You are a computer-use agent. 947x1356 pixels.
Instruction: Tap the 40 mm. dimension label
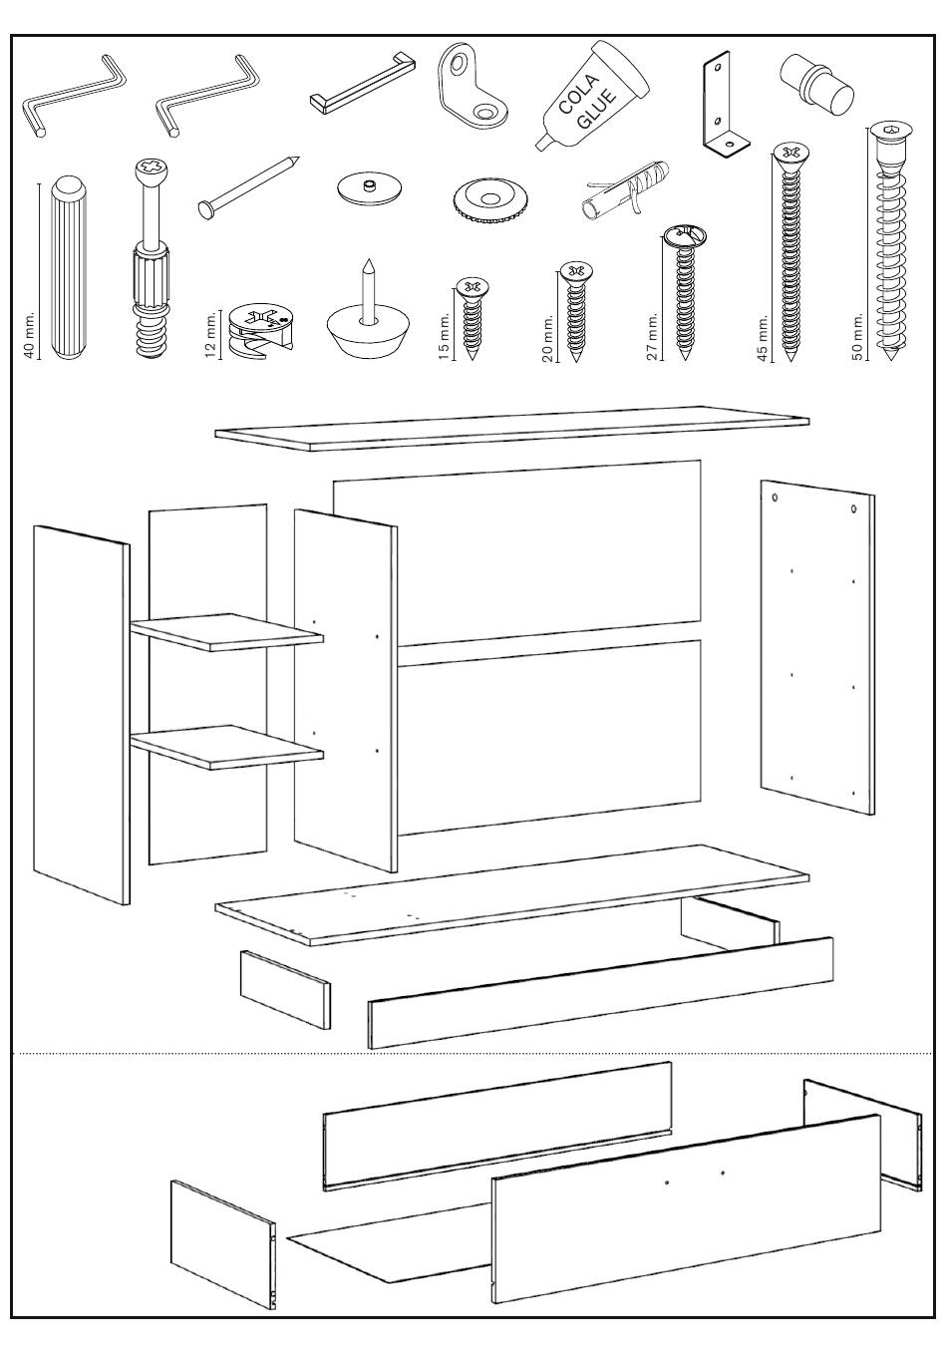click(29, 335)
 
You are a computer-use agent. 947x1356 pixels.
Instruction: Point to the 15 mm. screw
click(472, 319)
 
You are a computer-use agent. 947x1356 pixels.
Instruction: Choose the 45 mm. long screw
click(789, 252)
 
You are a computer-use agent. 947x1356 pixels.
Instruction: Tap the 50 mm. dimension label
click(857, 336)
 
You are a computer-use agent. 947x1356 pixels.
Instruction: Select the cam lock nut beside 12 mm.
click(261, 332)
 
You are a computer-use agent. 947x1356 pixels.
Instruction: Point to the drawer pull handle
click(362, 83)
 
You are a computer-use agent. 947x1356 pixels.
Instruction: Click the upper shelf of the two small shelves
click(227, 631)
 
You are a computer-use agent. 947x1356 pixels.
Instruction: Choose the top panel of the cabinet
click(512, 428)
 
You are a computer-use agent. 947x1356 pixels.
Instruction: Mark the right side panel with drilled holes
click(817, 647)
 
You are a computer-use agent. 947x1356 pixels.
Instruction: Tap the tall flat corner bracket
click(726, 107)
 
